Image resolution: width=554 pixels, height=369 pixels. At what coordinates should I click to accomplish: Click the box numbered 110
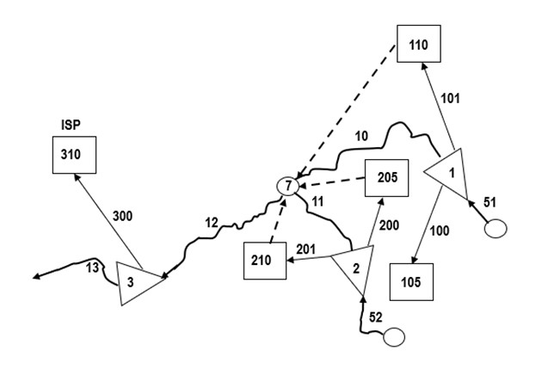tap(419, 44)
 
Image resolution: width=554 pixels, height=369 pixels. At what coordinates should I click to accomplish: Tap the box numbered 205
tap(386, 180)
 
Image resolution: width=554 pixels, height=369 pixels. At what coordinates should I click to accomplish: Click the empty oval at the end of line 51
tap(496, 230)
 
